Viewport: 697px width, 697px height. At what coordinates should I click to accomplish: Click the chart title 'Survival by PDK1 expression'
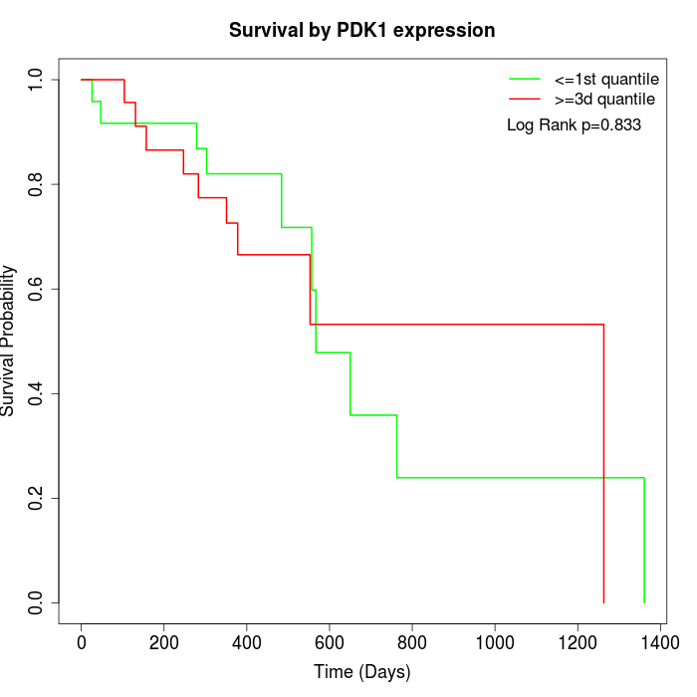(361, 30)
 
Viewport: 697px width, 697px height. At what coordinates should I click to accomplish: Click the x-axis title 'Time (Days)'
(361, 672)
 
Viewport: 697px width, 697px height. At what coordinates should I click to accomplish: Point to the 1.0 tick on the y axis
(37, 80)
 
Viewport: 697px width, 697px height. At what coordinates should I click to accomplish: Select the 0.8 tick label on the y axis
(37, 184)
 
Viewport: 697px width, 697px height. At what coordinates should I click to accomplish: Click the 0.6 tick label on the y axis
(37, 289)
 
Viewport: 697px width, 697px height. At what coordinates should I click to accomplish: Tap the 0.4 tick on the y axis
(37, 393)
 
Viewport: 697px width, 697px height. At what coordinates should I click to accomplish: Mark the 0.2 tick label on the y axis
(37, 498)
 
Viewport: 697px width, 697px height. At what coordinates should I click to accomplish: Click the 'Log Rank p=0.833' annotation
(574, 125)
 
